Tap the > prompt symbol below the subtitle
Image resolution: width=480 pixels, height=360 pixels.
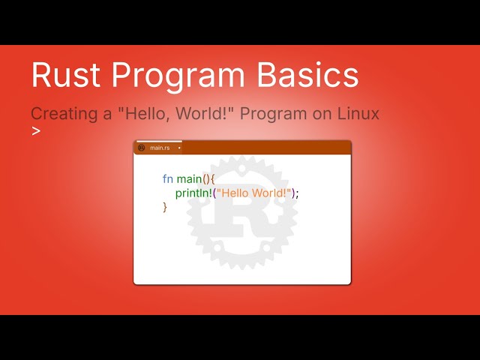[x=35, y=131]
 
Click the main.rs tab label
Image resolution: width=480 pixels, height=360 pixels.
[x=160, y=148]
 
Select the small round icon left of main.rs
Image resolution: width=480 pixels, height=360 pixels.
[x=142, y=148]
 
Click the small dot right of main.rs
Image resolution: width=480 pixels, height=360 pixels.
[x=179, y=148]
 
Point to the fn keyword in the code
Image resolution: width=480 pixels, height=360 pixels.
[x=167, y=179]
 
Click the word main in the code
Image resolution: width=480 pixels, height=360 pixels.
[x=189, y=179]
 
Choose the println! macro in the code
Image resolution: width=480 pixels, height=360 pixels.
[x=193, y=193]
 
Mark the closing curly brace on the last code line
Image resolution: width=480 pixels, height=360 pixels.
[x=165, y=207]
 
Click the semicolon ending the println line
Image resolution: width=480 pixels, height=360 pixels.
[x=297, y=193]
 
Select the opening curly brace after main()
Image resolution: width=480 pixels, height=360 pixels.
[x=213, y=179]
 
